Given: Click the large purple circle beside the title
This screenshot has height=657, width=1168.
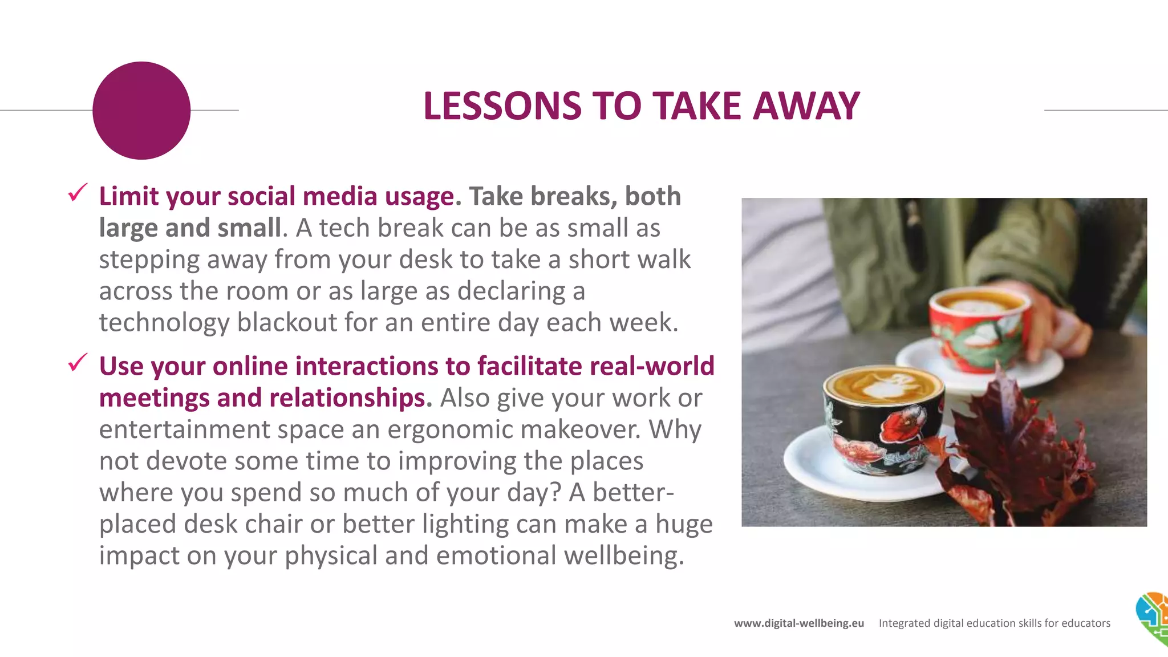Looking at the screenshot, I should [x=141, y=111].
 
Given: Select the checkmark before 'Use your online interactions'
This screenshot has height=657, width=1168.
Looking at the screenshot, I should [x=78, y=362].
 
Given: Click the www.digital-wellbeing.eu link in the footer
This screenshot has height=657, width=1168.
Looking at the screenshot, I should [x=798, y=623].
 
